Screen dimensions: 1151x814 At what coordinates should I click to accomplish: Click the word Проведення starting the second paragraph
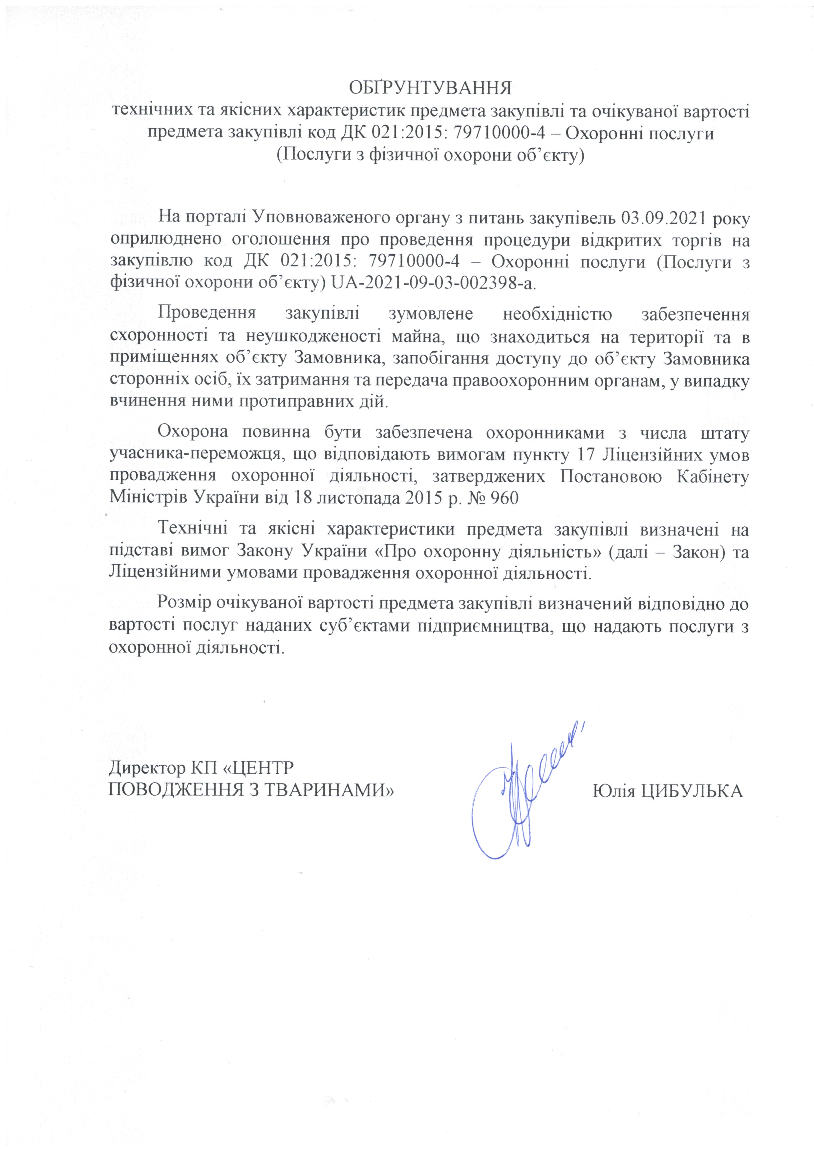click(207, 314)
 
